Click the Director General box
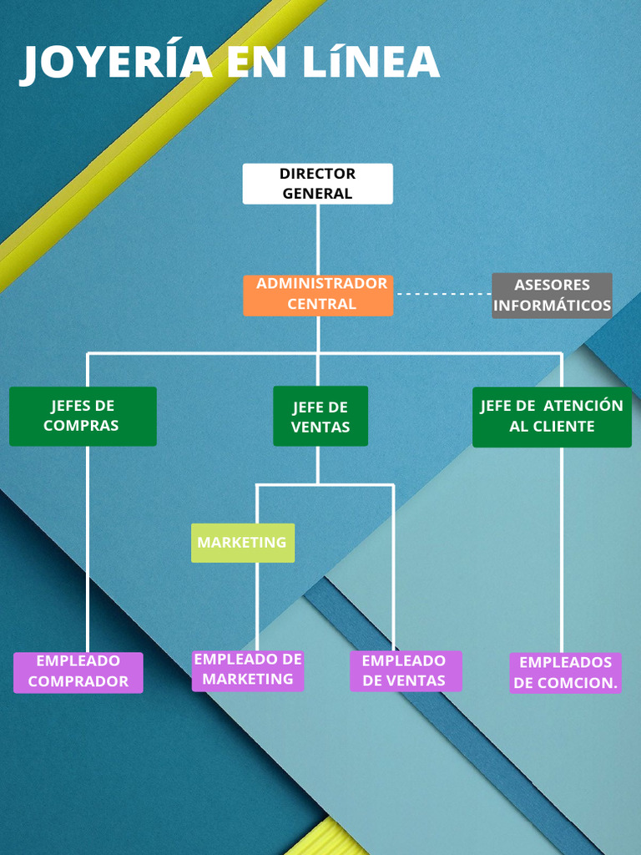[317, 184]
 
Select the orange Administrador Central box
[318, 295]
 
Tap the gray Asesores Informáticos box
[552, 296]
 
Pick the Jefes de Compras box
[83, 416]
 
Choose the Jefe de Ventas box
[320, 416]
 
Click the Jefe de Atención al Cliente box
[552, 417]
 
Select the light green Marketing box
[243, 543]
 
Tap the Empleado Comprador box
[78, 672]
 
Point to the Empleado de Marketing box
[248, 670]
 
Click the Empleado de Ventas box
[405, 671]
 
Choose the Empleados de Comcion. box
[566, 673]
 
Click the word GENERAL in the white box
[317, 194]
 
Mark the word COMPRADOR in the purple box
[78, 681]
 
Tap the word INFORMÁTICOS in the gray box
[552, 306]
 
